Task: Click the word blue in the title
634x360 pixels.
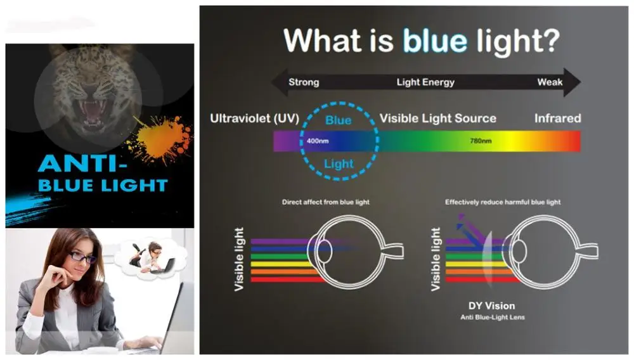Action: click(435, 41)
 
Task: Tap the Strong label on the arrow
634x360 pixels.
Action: click(304, 82)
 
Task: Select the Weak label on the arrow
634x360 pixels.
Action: click(550, 82)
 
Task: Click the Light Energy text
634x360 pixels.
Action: click(425, 82)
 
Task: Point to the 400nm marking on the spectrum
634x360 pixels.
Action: click(318, 141)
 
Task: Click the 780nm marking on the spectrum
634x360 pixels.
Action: click(481, 141)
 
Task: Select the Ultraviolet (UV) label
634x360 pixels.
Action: click(254, 119)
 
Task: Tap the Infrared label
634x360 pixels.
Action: click(557, 118)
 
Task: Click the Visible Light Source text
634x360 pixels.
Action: click(438, 119)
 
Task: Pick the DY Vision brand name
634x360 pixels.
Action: click(492, 306)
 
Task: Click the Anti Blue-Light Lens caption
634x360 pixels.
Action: click(493, 317)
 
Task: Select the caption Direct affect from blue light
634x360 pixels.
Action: click(325, 202)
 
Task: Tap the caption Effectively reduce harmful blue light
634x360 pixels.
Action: click(503, 202)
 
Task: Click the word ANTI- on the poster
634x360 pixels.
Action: click(82, 164)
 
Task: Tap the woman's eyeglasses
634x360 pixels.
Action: click(82, 257)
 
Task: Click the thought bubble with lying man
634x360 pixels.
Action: click(150, 258)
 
